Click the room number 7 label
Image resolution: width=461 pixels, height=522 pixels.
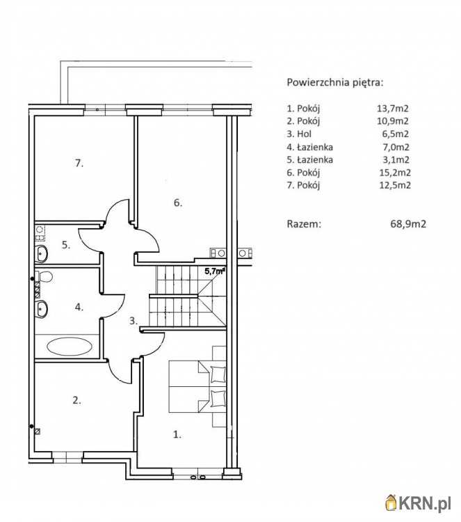pyautogui.click(x=79, y=164)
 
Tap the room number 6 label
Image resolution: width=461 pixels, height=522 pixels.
pyautogui.click(x=178, y=203)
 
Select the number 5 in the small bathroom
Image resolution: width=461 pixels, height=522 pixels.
pyautogui.click(x=66, y=245)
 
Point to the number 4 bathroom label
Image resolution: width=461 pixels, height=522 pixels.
pyautogui.click(x=79, y=307)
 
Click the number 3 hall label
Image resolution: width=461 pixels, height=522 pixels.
pyautogui.click(x=134, y=321)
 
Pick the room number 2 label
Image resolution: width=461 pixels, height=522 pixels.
pyautogui.click(x=76, y=400)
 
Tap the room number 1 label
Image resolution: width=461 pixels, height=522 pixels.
pyautogui.click(x=177, y=434)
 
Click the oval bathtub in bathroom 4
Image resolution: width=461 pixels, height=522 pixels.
pyautogui.click(x=70, y=347)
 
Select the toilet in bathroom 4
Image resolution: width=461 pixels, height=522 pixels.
pyautogui.click(x=45, y=276)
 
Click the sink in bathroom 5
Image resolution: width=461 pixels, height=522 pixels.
pyautogui.click(x=41, y=253)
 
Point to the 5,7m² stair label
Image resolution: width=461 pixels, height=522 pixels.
pyautogui.click(x=215, y=271)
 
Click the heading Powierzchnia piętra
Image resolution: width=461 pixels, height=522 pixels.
pyautogui.click(x=335, y=83)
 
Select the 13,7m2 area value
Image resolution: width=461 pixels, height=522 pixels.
pyautogui.click(x=392, y=108)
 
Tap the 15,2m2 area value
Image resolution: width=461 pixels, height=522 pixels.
pyautogui.click(x=395, y=173)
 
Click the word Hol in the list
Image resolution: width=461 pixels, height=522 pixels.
pyautogui.click(x=304, y=134)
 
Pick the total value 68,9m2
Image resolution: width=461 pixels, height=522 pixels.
pyautogui.click(x=408, y=223)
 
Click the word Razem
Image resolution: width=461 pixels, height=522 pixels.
pyautogui.click(x=304, y=223)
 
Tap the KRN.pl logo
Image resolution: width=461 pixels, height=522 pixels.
pyautogui.click(x=419, y=503)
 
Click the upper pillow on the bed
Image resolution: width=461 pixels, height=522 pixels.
pyautogui.click(x=218, y=374)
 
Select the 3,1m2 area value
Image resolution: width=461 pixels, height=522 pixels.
pyautogui.click(x=396, y=160)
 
